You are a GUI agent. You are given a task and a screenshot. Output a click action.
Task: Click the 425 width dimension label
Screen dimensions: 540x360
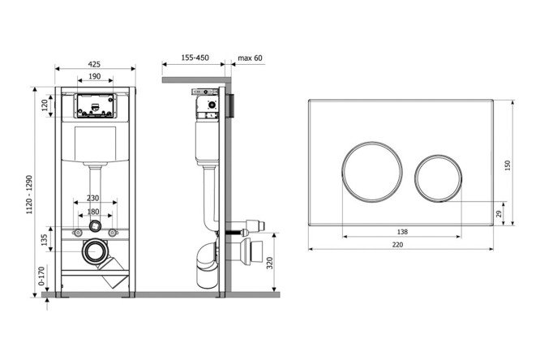click(x=94, y=64)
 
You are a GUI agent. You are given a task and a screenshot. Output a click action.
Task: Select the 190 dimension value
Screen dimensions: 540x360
click(x=95, y=76)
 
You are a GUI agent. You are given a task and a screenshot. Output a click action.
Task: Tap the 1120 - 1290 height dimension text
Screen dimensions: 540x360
click(x=30, y=195)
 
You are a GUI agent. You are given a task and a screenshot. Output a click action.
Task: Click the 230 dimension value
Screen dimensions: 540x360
click(x=92, y=198)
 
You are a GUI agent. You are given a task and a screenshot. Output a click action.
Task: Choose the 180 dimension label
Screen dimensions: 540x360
click(x=93, y=212)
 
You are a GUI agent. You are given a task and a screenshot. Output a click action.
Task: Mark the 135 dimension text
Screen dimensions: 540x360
click(x=44, y=240)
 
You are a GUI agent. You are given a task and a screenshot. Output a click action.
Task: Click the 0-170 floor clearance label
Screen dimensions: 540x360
click(x=41, y=276)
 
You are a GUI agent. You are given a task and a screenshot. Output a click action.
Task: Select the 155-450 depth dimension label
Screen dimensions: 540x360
click(x=195, y=58)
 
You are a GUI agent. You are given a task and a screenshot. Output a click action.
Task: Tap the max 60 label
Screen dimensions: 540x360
click(x=250, y=58)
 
